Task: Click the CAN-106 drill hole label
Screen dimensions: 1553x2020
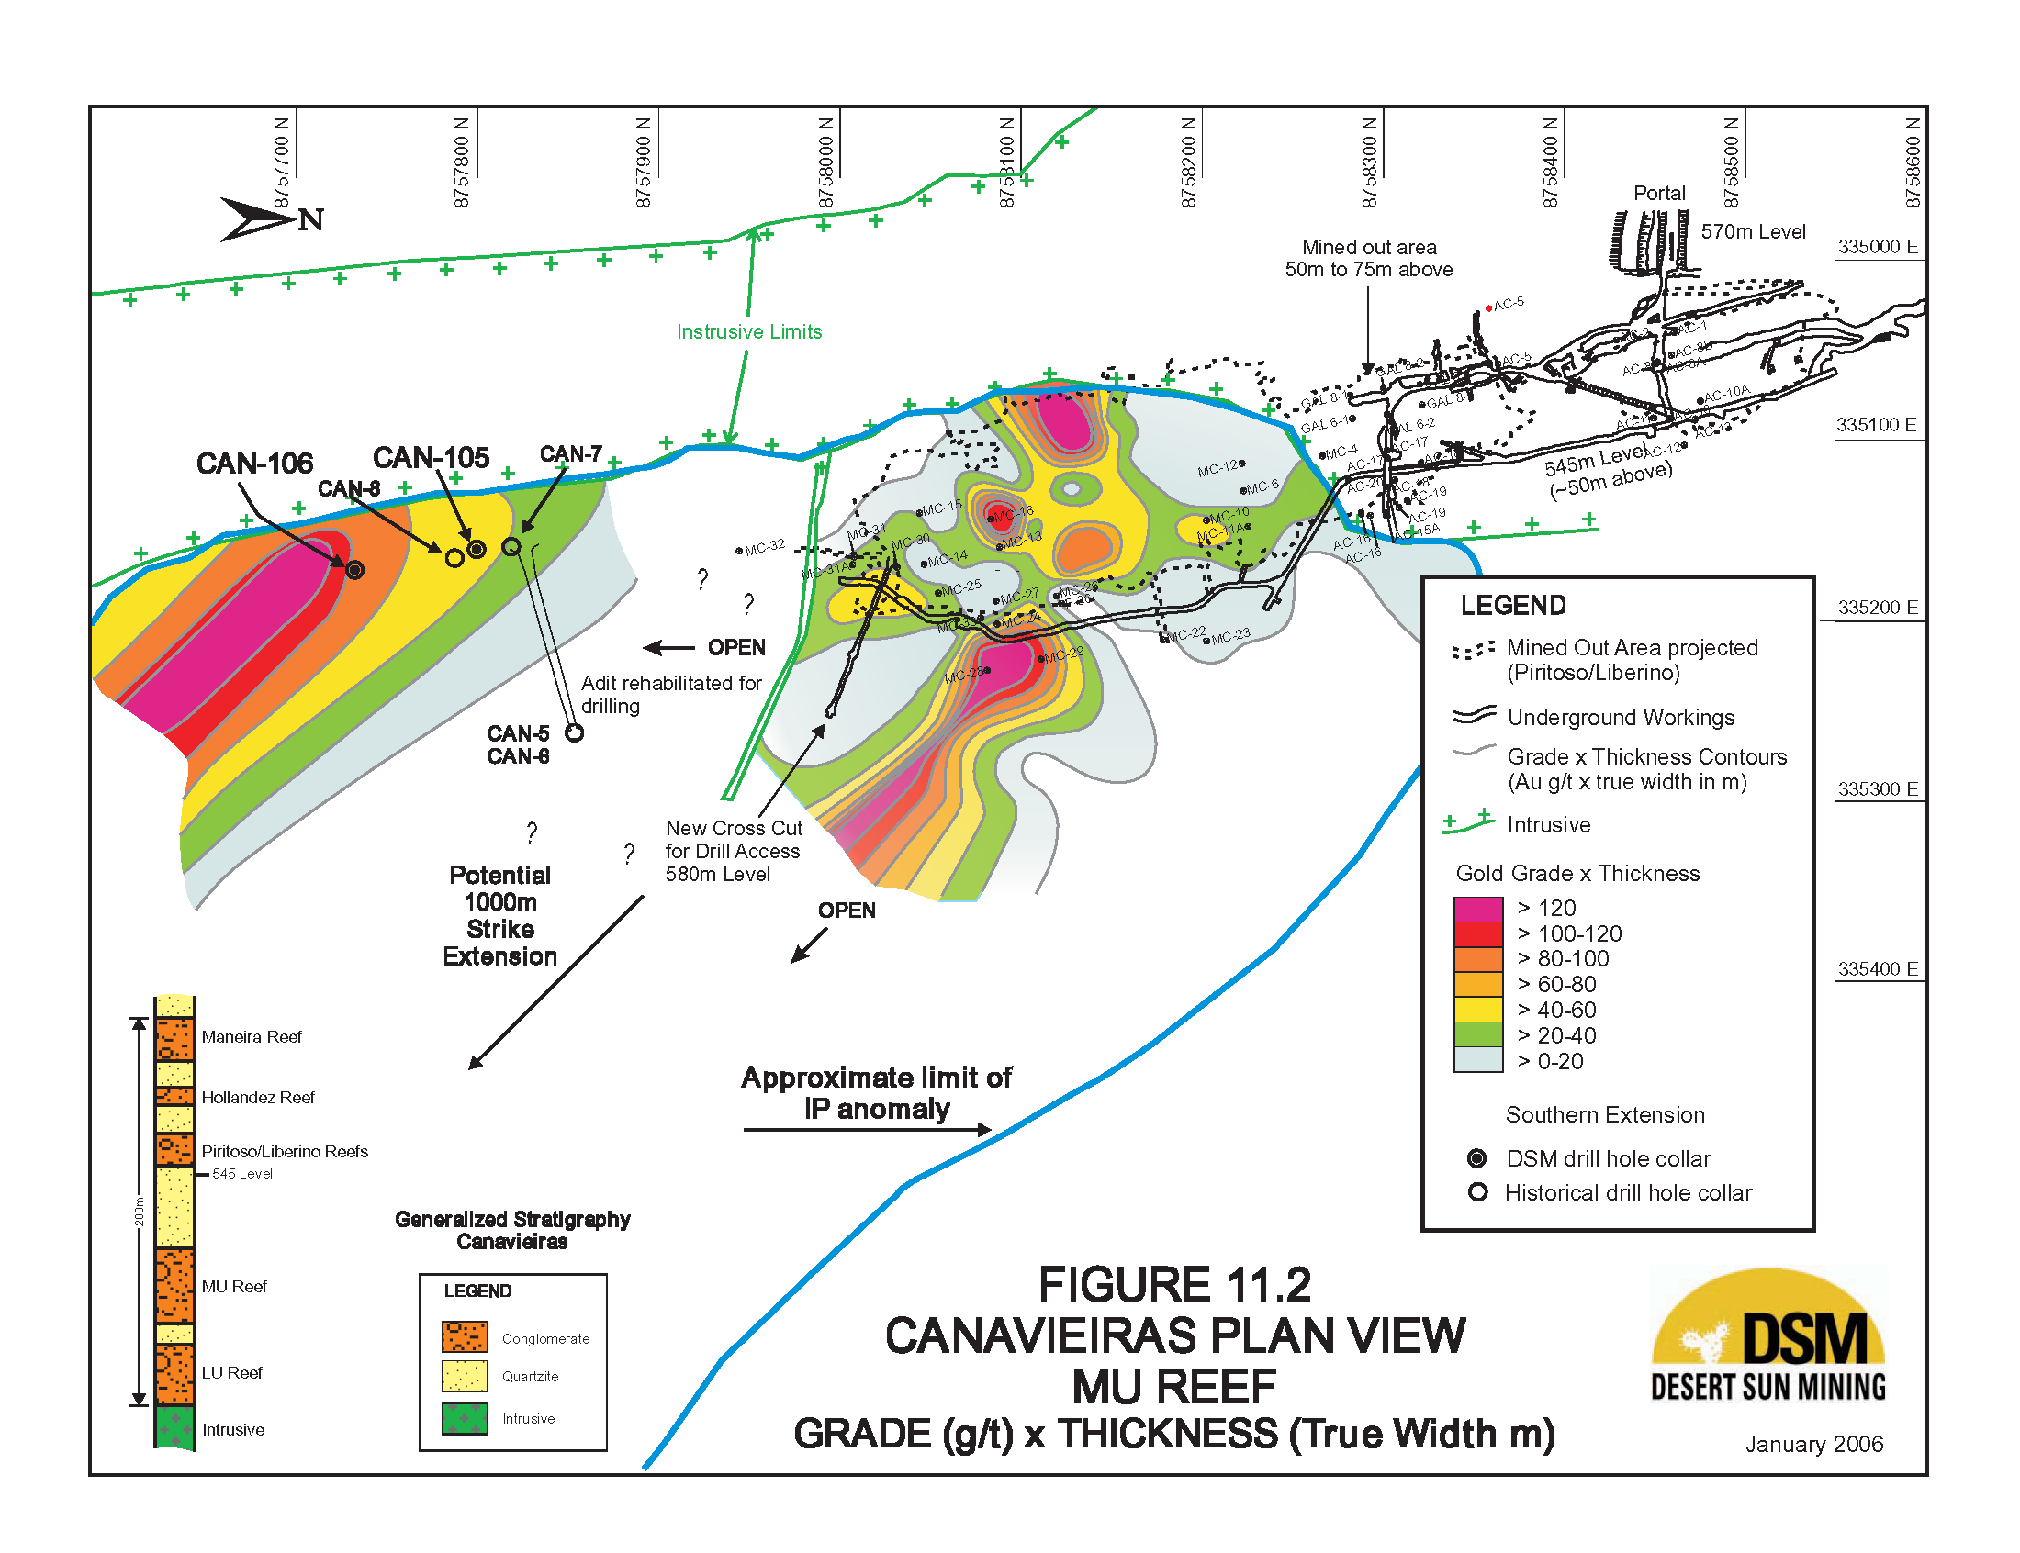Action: (x=254, y=464)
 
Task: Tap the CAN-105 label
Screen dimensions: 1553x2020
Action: (x=431, y=458)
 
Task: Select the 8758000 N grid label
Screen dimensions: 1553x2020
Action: (x=825, y=162)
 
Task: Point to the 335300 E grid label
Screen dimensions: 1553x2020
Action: (x=1877, y=788)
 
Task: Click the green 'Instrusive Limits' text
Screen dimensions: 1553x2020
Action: (x=749, y=332)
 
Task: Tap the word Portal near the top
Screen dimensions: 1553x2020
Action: (x=1658, y=193)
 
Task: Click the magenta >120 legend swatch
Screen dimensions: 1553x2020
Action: (x=1477, y=909)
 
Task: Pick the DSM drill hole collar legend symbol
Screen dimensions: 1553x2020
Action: (x=1477, y=1158)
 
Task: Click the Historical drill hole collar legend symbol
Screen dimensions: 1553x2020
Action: (x=1477, y=1192)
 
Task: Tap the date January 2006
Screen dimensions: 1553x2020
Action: (x=1812, y=1444)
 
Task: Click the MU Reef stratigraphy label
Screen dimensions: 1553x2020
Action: (x=234, y=1287)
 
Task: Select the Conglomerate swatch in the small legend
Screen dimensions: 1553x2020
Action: (x=464, y=1336)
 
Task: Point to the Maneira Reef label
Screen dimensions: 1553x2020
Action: (x=252, y=1037)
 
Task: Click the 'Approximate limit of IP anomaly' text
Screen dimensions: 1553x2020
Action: (x=876, y=1092)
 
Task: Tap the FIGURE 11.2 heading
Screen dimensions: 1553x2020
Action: (x=1174, y=1285)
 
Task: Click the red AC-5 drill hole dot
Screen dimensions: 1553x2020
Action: (x=1487, y=307)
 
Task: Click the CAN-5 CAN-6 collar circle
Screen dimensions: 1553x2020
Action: (x=574, y=733)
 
